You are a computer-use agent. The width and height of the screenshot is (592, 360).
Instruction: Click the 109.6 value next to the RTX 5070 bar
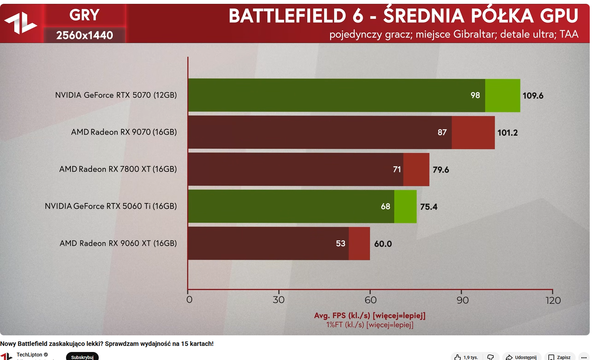click(x=533, y=96)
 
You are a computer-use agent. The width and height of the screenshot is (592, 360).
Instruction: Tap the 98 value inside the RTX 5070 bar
click(x=475, y=95)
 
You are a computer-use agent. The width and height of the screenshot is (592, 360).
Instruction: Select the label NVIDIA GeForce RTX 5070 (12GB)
click(x=116, y=95)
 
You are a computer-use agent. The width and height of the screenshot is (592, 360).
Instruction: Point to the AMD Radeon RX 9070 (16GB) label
click(x=124, y=132)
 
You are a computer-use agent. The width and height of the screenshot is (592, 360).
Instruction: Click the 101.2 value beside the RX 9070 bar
click(x=507, y=133)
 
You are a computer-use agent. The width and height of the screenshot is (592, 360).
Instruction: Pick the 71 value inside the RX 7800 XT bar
click(x=397, y=169)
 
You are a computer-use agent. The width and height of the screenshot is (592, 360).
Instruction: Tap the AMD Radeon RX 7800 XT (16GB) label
click(x=118, y=169)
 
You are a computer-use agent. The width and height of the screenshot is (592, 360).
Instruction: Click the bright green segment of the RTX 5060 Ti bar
click(x=405, y=207)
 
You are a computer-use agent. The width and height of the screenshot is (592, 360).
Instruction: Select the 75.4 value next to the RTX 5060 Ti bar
click(x=429, y=207)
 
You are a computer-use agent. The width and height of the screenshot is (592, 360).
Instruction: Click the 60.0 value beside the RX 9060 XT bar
click(x=383, y=244)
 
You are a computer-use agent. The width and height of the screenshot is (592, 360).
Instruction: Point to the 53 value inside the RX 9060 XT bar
click(x=340, y=244)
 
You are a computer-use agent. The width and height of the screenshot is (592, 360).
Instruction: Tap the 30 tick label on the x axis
click(x=279, y=300)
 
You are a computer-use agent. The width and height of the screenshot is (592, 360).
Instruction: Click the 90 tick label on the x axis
click(x=463, y=300)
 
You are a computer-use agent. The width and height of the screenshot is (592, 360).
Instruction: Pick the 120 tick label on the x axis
click(x=553, y=300)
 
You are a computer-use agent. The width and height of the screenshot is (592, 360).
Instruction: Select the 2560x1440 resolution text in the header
click(x=85, y=35)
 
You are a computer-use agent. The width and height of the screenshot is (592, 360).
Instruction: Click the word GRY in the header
click(x=85, y=15)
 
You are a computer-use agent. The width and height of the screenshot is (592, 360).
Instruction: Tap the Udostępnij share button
click(x=521, y=357)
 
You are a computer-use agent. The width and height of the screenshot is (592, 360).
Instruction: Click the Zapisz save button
click(x=560, y=357)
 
